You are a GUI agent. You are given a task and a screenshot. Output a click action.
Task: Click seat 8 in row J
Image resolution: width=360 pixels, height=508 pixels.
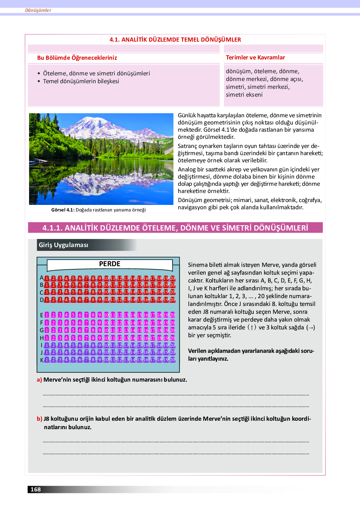pyautogui.click(x=93, y=352)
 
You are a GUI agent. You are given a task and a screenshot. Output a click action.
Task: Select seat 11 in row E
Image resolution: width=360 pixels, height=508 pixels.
pyautogui.click(x=113, y=315)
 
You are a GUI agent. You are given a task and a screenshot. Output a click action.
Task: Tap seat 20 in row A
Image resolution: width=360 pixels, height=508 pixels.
pyautogui.click(x=172, y=278)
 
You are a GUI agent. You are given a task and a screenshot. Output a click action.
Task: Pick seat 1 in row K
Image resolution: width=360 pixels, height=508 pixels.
pyautogui.click(x=47, y=360)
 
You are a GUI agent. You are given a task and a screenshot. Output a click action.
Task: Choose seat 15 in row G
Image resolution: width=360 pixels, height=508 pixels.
pyautogui.click(x=139, y=330)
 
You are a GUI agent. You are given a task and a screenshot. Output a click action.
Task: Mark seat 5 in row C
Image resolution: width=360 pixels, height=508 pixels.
pyautogui.click(x=73, y=292)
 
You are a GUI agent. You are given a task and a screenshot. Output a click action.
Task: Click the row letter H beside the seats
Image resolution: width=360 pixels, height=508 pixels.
pyautogui.click(x=42, y=338)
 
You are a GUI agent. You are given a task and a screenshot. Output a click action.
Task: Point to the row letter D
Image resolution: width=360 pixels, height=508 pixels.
pyautogui.click(x=42, y=300)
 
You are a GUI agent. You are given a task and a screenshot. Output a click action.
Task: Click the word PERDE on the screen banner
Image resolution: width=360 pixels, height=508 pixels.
pyautogui.click(x=110, y=264)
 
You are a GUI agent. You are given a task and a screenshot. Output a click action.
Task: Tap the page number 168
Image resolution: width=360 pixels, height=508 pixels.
pyautogui.click(x=36, y=489)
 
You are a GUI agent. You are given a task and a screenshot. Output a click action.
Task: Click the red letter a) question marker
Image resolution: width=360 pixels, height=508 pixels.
pyautogui.click(x=39, y=380)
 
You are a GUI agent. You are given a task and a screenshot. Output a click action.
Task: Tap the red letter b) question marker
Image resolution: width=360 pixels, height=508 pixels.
pyautogui.click(x=39, y=419)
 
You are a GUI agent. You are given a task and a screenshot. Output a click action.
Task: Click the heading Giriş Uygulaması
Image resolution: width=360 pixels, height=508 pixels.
pyautogui.click(x=63, y=245)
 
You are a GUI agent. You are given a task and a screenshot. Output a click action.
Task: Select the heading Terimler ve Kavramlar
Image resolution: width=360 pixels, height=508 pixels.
pyautogui.click(x=255, y=58)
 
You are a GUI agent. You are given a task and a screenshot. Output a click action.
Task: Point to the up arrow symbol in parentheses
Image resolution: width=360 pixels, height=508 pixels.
pyautogui.click(x=252, y=328)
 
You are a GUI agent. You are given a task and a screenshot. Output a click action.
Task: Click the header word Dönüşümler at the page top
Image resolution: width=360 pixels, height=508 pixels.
pyautogui.click(x=38, y=10)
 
